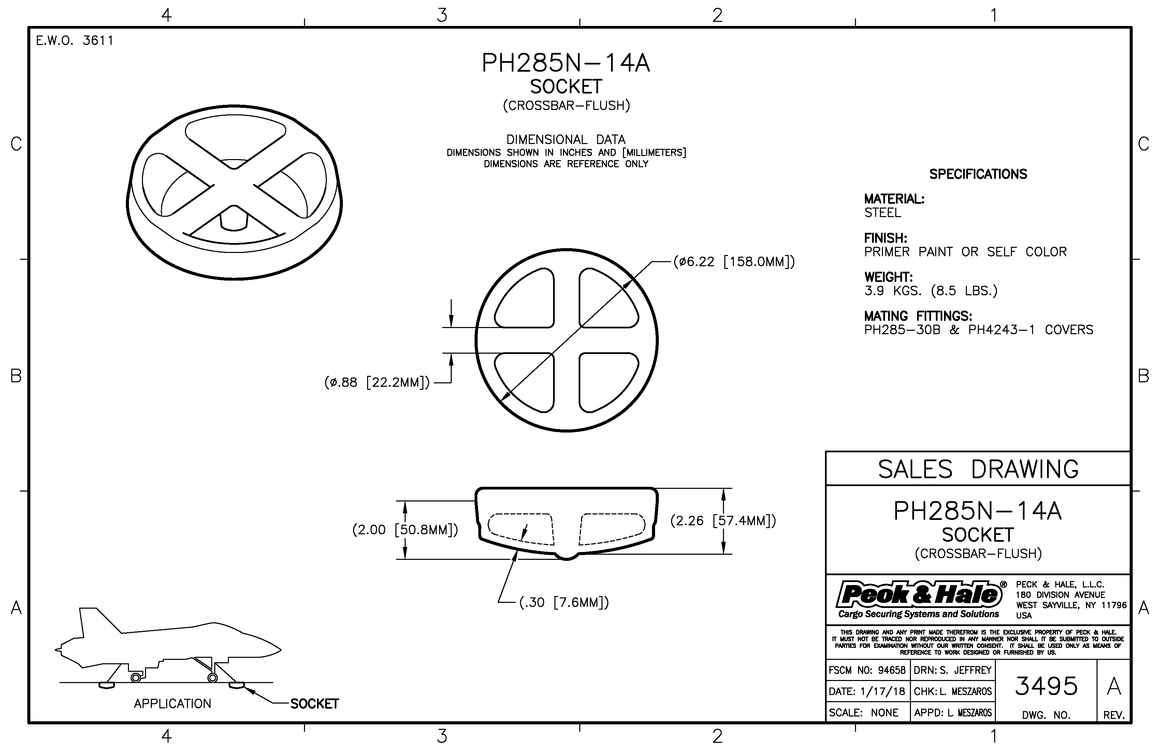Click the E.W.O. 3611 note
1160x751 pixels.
point(75,41)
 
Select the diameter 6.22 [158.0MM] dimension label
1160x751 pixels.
point(734,262)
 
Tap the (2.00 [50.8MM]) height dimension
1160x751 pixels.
point(405,529)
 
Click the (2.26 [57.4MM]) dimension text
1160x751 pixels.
point(723,521)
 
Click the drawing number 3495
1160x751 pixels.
point(1046,686)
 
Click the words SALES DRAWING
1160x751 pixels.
point(978,469)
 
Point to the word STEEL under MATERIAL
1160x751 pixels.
point(883,213)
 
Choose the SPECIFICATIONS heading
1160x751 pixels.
point(978,174)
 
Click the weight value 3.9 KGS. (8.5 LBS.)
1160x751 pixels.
point(931,291)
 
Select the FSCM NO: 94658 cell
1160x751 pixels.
point(867,670)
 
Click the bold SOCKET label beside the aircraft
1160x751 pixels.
point(314,704)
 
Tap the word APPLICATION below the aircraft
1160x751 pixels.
point(173,704)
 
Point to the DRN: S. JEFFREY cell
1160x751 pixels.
point(952,670)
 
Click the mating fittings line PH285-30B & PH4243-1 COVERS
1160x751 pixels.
point(979,330)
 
